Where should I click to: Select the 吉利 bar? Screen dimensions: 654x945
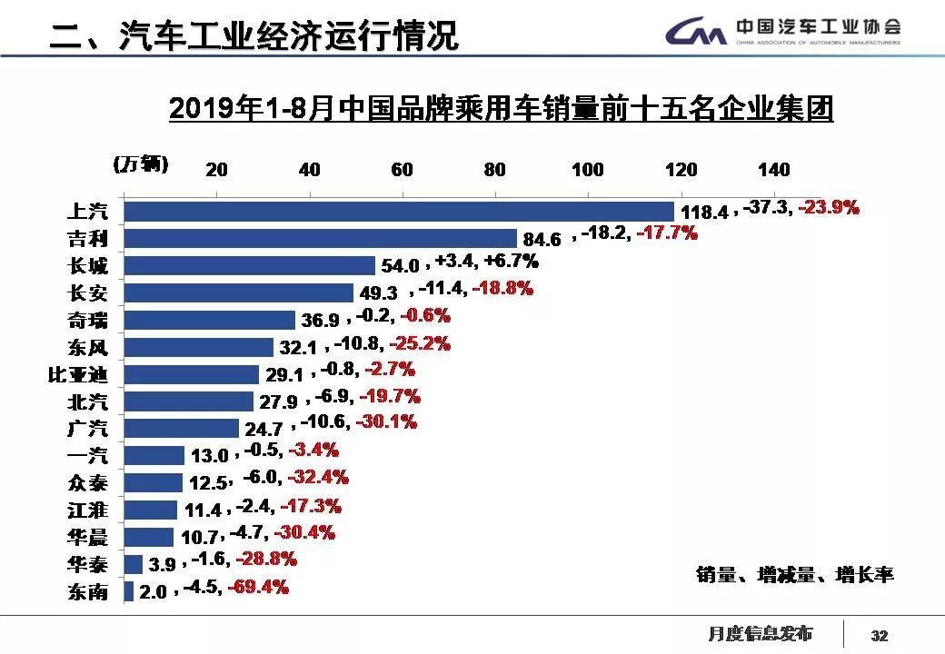click(x=320, y=238)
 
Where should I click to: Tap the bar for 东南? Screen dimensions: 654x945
click(x=129, y=591)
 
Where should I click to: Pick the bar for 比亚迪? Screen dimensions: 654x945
click(x=191, y=374)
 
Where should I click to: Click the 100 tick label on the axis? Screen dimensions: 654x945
click(x=588, y=170)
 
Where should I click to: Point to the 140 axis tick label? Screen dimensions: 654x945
click(x=773, y=170)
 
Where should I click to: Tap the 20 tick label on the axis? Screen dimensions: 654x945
click(x=216, y=170)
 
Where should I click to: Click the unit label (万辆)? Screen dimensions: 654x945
click(x=140, y=164)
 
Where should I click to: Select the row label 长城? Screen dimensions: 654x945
click(x=88, y=266)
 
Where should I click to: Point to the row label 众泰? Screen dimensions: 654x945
click(x=88, y=482)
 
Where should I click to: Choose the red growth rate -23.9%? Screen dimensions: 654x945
click(x=828, y=207)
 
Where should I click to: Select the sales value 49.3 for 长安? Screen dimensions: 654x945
click(x=380, y=293)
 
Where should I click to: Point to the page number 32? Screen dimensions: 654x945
click(x=879, y=635)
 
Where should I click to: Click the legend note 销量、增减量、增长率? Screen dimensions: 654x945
click(x=795, y=575)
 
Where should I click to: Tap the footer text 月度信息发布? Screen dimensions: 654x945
click(x=761, y=633)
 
